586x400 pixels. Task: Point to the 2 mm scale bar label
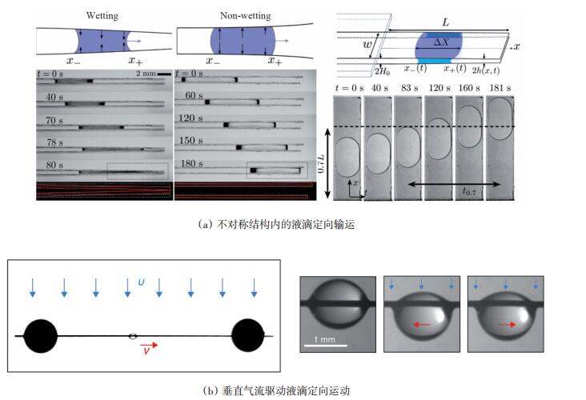click(146, 74)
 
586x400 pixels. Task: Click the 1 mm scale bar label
click(323, 339)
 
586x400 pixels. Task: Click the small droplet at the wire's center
click(133, 336)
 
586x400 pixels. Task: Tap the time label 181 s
click(498, 89)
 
